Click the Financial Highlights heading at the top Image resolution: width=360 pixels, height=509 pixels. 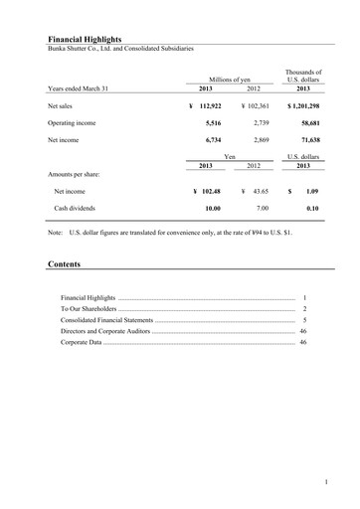pos(84,39)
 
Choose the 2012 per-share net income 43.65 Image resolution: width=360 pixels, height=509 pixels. pos(260,189)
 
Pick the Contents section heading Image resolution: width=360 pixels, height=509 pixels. pos(65,265)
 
